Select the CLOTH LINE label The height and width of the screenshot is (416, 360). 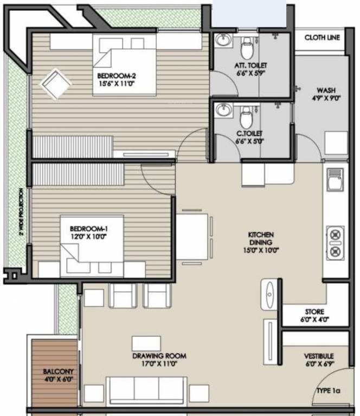coord(322,37)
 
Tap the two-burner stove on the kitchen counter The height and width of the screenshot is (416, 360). coord(335,243)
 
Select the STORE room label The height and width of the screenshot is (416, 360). coord(314,312)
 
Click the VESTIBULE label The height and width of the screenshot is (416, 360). coord(318,356)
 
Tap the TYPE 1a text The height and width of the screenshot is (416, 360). coord(329,391)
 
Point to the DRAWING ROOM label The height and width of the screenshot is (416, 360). coord(159,356)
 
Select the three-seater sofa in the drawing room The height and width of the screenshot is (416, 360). coord(145,390)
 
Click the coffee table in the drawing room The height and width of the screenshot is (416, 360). coord(146,343)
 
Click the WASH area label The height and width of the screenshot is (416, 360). coord(325,90)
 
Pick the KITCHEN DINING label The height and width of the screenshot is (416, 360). coord(261,239)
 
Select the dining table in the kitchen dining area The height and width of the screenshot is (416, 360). coord(192,237)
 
